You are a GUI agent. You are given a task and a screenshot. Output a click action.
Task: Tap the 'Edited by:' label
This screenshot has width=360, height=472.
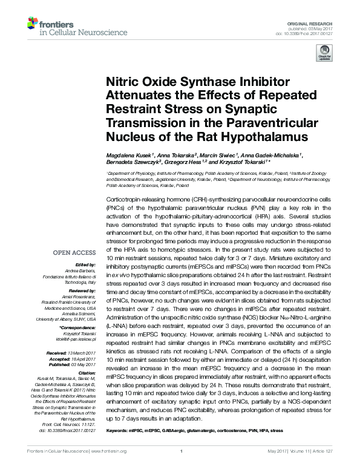click(86, 265)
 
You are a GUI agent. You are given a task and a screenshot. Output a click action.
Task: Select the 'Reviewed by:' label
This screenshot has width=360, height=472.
click(83, 290)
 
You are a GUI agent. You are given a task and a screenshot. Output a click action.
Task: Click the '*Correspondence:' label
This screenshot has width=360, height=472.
click(79, 327)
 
